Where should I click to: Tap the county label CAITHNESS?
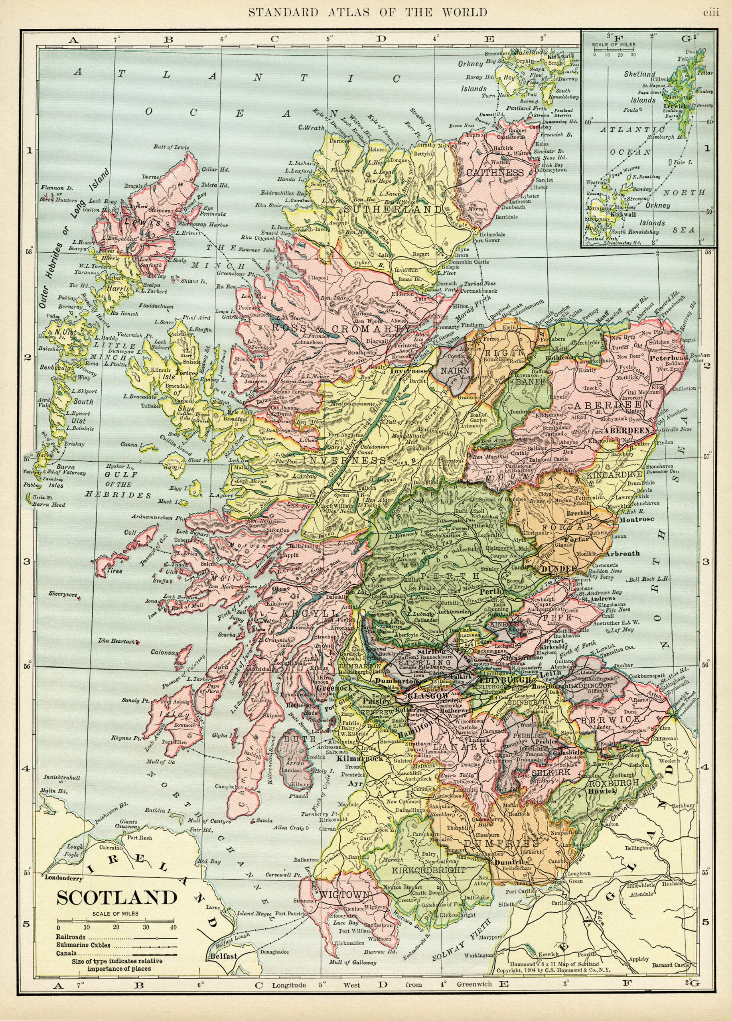pyautogui.click(x=495, y=173)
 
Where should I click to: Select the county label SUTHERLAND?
pyautogui.click(x=393, y=209)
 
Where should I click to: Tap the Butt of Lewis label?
pyautogui.click(x=171, y=147)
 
